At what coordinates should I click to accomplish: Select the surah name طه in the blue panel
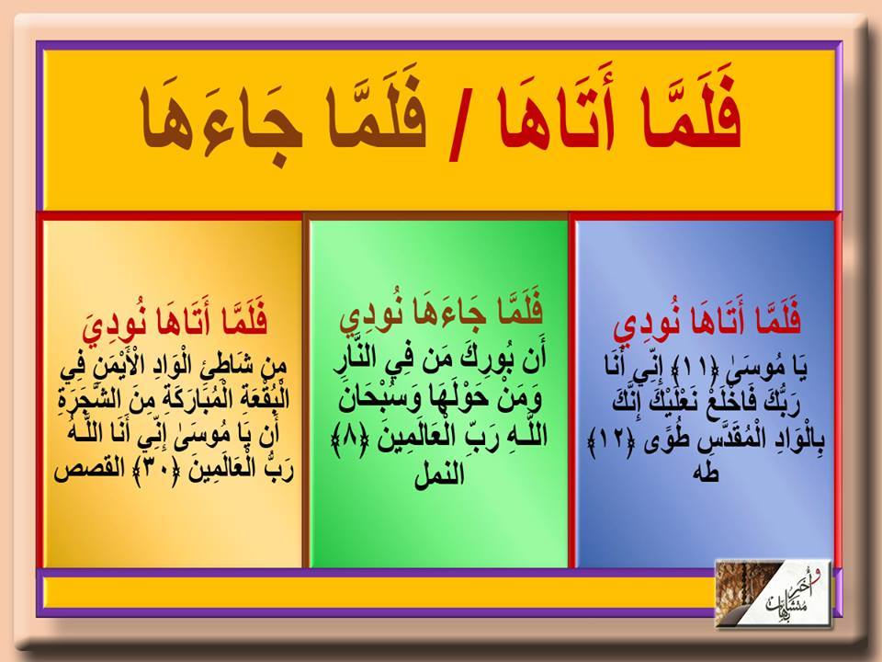point(707,473)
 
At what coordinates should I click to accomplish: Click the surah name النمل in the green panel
point(439,473)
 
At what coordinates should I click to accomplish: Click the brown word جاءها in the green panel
point(455,313)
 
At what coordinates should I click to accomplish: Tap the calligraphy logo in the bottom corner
point(773,593)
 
